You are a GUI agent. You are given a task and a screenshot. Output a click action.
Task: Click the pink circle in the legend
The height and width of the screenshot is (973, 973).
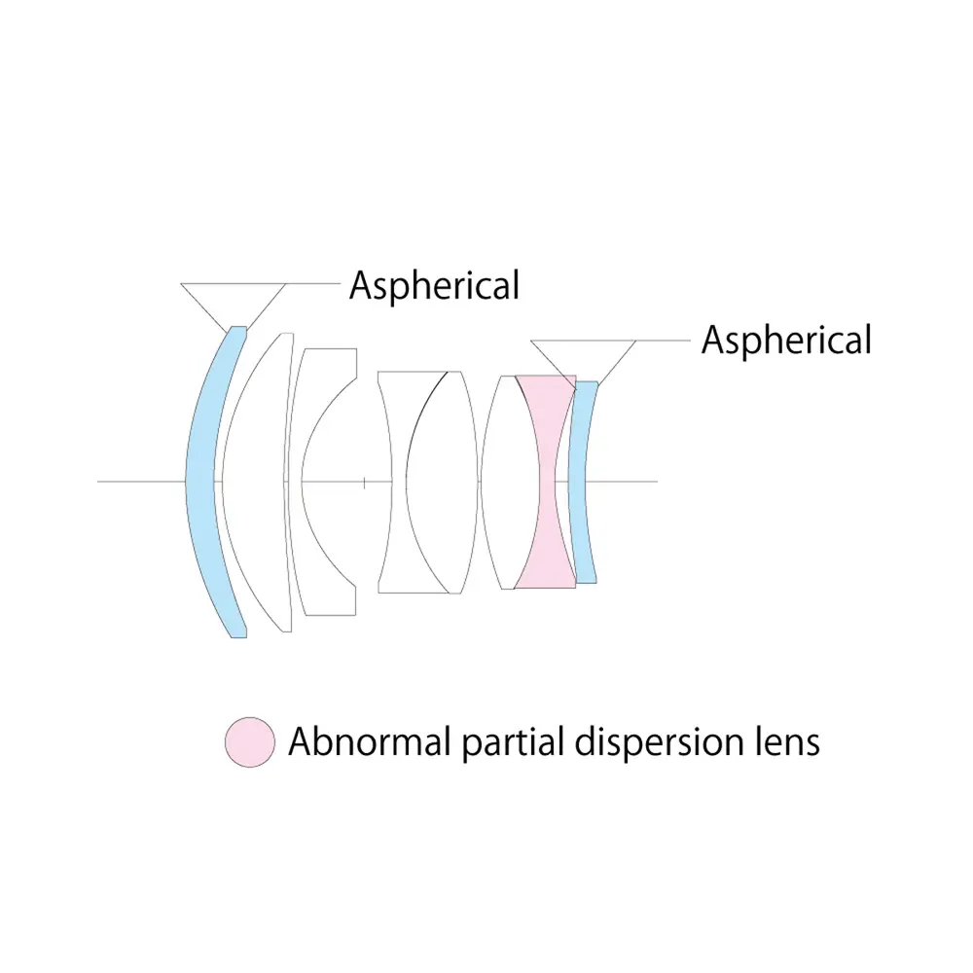[x=250, y=742]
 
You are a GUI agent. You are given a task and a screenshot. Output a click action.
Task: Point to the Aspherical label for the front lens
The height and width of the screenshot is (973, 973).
[x=434, y=285]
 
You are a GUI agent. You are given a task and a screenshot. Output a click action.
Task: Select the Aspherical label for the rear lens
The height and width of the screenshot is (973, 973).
[x=786, y=341]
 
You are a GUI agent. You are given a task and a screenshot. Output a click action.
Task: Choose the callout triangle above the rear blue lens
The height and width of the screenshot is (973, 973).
[x=585, y=356]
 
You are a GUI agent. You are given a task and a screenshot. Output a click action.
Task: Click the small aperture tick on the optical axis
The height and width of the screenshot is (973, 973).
[x=364, y=481]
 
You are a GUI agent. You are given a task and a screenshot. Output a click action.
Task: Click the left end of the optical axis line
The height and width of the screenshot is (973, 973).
[x=100, y=481]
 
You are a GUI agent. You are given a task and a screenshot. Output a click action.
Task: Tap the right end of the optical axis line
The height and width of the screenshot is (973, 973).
[x=657, y=481]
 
